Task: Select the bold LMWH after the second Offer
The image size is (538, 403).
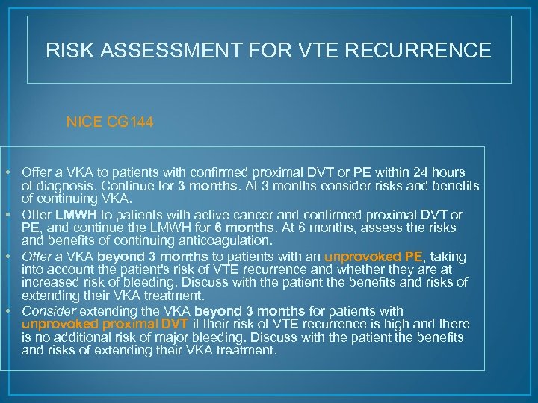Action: pyautogui.click(x=70, y=215)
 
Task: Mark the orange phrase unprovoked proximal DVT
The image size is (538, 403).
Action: pyautogui.click(x=105, y=323)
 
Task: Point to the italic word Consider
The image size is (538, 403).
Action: pyautogui.click(x=45, y=311)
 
